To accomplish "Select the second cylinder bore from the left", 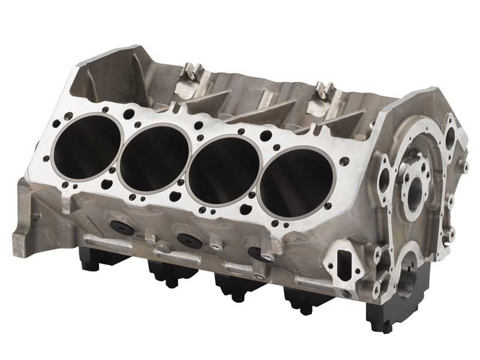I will (x=154, y=159).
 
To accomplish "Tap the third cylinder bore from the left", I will (x=223, y=169).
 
